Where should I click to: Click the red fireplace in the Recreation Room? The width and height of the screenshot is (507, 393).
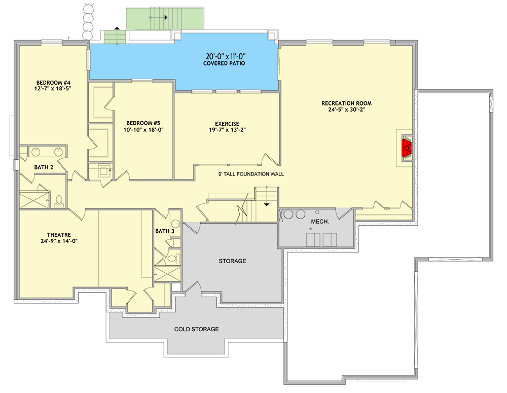(407, 148)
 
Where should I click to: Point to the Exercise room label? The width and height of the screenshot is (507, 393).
(227, 123)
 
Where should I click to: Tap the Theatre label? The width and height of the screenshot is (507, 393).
(59, 235)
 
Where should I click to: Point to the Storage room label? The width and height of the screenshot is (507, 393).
(232, 261)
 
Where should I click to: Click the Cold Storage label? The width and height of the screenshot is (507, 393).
(196, 329)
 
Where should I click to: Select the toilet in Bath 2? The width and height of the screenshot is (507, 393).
(58, 201)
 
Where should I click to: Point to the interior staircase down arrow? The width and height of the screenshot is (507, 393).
(267, 204)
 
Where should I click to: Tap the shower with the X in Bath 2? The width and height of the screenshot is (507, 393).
(34, 199)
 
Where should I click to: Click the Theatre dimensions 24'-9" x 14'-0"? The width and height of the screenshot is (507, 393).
(59, 241)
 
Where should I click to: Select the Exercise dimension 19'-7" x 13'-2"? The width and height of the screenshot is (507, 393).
(227, 130)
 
